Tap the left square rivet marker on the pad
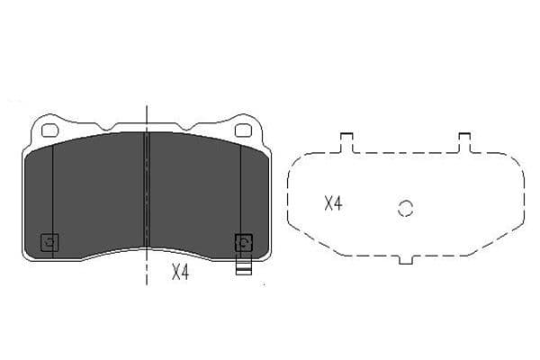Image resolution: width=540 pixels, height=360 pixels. (x=50, y=242)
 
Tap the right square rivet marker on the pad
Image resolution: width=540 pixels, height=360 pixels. (x=243, y=242)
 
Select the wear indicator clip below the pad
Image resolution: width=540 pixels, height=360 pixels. (x=242, y=266)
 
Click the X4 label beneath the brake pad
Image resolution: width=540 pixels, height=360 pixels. (x=180, y=272)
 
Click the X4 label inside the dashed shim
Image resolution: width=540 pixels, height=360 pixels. (x=333, y=204)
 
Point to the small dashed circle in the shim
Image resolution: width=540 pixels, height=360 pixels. (x=406, y=208)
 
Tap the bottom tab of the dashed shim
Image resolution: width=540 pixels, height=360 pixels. (x=405, y=259)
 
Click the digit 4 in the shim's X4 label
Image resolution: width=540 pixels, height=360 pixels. (x=338, y=204)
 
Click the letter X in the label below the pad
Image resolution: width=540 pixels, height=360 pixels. (x=175, y=272)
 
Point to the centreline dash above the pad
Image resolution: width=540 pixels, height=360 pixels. (x=146, y=112)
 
